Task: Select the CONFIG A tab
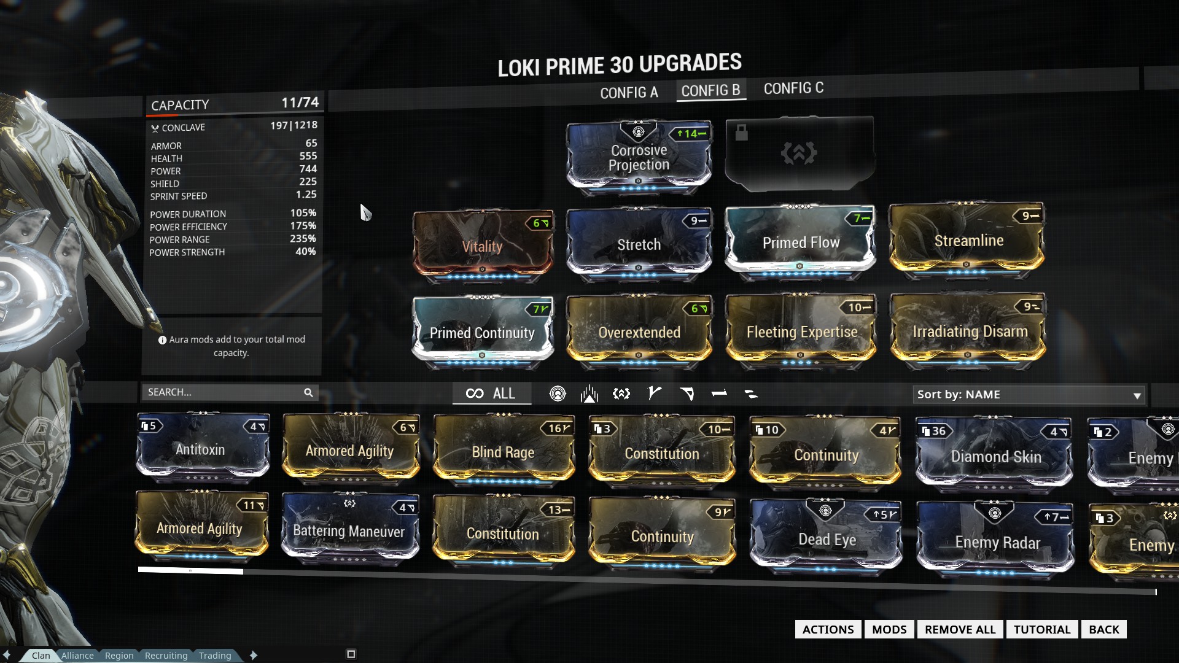point(629,93)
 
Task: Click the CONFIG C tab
point(793,88)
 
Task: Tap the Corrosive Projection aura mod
point(639,157)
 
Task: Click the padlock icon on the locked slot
point(742,132)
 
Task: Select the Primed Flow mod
point(800,242)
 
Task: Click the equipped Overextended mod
point(639,332)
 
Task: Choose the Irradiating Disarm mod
point(969,331)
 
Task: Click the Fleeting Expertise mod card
point(801,331)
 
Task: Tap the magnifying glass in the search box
point(308,392)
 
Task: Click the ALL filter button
point(491,394)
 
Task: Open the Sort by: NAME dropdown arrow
point(1137,395)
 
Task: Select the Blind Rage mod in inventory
point(503,452)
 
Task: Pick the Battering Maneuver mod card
point(349,531)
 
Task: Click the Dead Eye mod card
point(827,540)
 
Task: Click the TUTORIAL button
point(1041,629)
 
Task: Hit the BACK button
point(1103,629)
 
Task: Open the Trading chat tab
point(215,656)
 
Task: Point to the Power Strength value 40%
point(305,252)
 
